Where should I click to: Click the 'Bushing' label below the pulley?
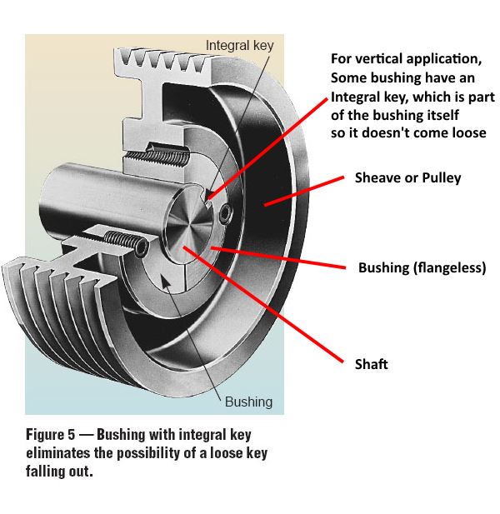coord(248,402)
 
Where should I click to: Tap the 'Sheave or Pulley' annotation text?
coord(407,177)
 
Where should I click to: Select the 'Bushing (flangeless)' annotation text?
coord(422,267)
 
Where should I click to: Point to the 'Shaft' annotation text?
coord(371,364)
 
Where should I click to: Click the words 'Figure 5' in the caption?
coord(52,435)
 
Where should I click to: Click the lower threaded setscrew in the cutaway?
coord(125,242)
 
